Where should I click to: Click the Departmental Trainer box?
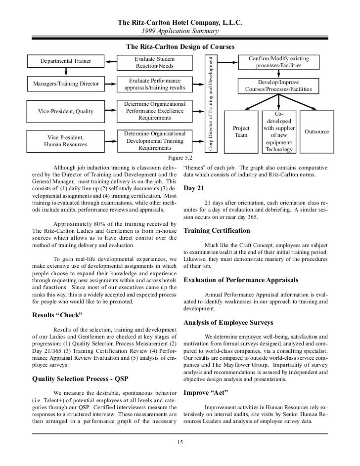[x=66, y=61]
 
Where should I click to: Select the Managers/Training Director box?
[x=66, y=84]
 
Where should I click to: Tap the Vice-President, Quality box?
[x=66, y=111]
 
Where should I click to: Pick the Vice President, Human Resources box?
[x=66, y=141]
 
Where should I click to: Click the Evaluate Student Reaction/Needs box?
[x=155, y=62]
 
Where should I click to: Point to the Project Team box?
[x=241, y=131]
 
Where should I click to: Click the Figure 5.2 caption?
[x=180, y=158]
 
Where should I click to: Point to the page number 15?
[x=180, y=442]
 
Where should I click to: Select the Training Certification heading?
[x=217, y=231]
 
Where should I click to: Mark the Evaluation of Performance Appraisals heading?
[x=241, y=280]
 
